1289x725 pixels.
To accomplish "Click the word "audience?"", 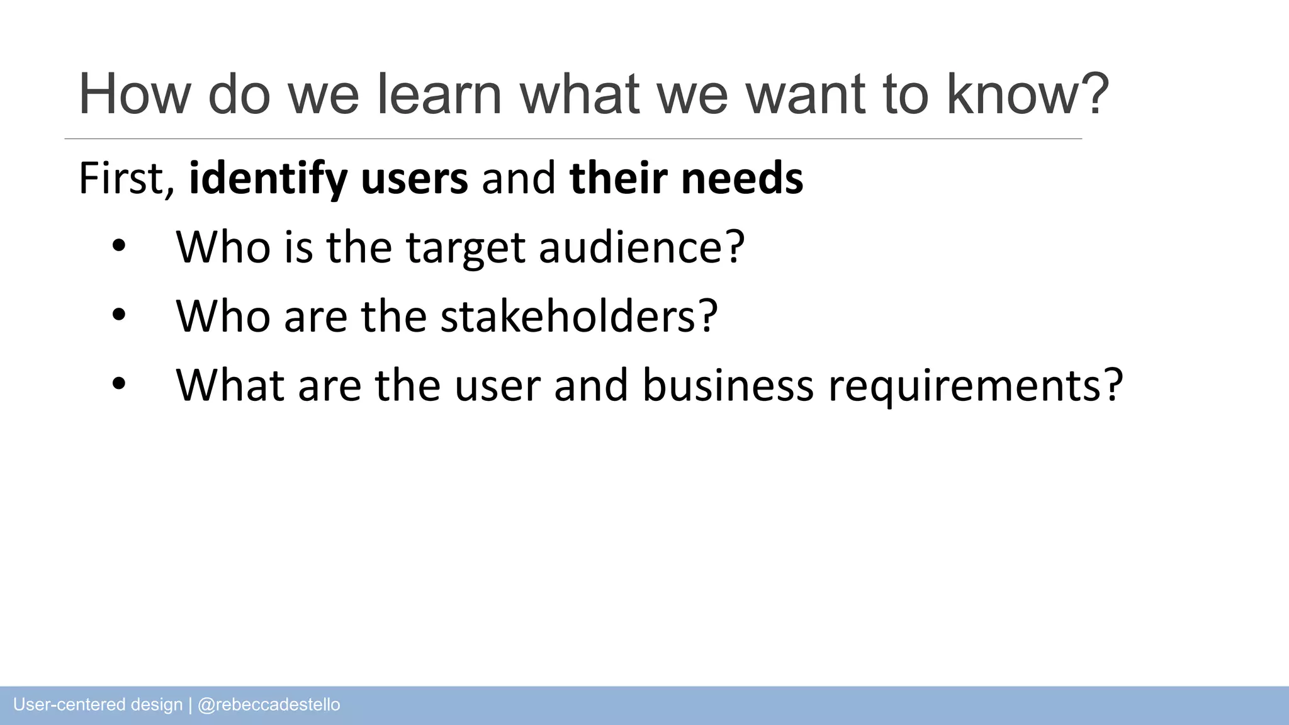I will pos(642,247).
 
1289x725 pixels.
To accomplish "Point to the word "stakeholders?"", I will pos(579,316).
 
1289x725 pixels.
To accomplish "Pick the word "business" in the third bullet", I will pos(728,385).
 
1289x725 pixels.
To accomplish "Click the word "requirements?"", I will pos(976,385).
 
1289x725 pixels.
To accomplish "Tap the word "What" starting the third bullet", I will pos(230,385).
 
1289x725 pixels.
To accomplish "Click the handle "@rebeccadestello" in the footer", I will pos(269,705).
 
